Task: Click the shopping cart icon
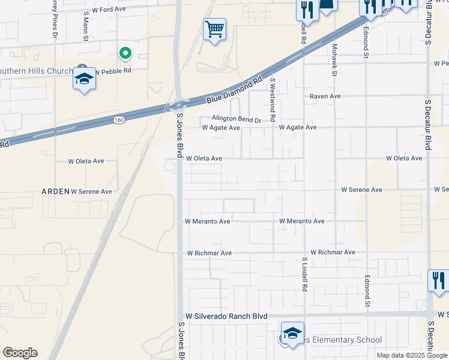[x=214, y=28]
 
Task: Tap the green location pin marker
[x=125, y=54]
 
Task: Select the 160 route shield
[x=119, y=120]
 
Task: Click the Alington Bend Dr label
[x=237, y=119]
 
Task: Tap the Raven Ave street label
[x=325, y=96]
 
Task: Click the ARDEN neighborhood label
[x=55, y=191]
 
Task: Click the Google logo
[x=20, y=353]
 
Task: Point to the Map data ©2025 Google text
[x=412, y=355]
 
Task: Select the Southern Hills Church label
[x=36, y=70]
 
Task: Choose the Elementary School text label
[x=343, y=340]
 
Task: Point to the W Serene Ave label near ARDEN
[x=91, y=191]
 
